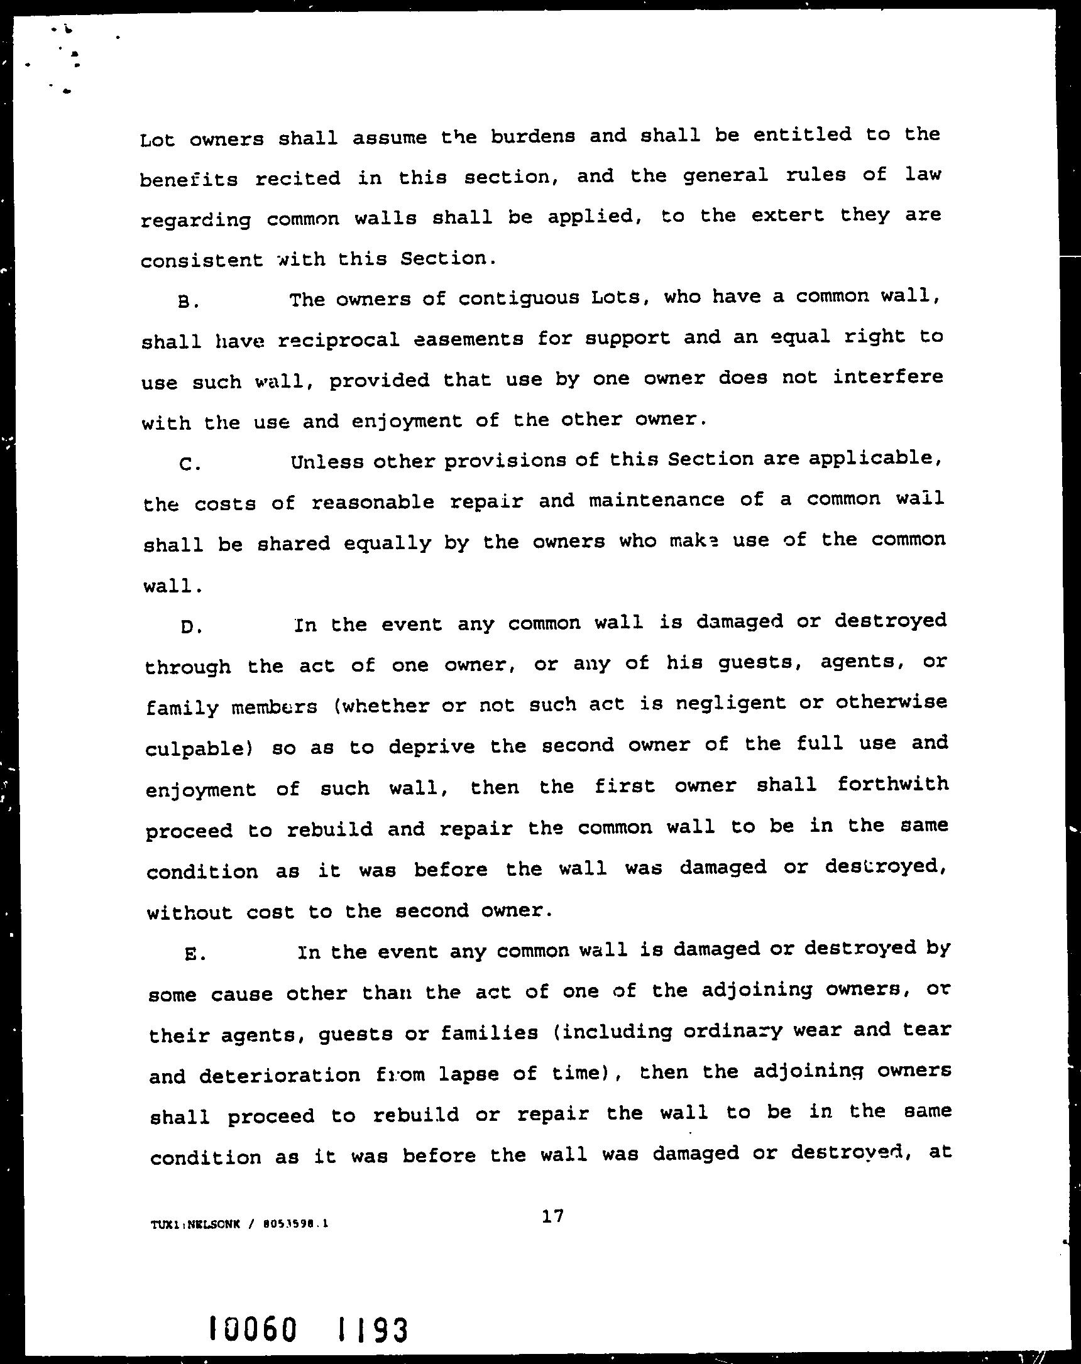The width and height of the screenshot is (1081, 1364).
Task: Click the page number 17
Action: [552, 1215]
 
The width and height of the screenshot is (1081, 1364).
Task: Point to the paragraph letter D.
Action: [190, 627]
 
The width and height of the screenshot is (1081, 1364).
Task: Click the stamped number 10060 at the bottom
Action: [253, 1329]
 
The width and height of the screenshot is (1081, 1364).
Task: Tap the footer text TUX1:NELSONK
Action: [195, 1224]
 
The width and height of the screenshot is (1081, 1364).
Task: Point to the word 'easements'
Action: [468, 339]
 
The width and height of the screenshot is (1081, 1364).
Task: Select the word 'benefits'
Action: [189, 180]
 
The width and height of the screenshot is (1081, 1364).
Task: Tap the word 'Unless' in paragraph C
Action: [327, 462]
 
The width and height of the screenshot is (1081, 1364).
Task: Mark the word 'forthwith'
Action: [892, 785]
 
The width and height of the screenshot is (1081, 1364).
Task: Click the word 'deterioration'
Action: [280, 1075]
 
